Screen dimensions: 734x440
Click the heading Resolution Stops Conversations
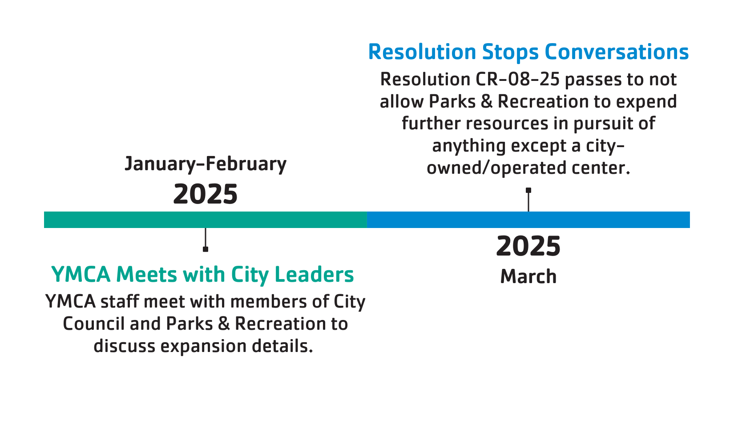tap(528, 52)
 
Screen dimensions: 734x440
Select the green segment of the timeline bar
tap(206, 220)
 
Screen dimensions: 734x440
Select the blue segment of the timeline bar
tap(528, 220)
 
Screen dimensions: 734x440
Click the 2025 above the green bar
tap(206, 194)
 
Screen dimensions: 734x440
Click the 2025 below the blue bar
tap(528, 246)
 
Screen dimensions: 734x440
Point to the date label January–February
tap(206, 164)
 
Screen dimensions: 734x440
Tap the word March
tap(528, 276)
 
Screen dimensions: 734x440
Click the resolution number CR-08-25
tap(517, 80)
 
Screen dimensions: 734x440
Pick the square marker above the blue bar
tap(528, 190)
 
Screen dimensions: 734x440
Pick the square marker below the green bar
tap(206, 249)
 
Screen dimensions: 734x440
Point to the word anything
tap(469, 146)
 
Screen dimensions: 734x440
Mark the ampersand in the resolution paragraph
tap(487, 101)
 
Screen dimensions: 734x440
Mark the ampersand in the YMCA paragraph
tap(224, 324)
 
